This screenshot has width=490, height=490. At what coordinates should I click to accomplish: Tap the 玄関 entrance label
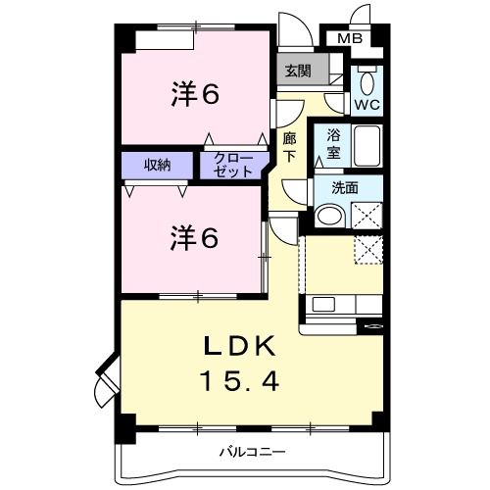(x=297, y=70)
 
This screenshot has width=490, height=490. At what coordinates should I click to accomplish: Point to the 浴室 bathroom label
(x=333, y=145)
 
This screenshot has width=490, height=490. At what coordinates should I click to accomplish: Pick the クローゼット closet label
(x=233, y=164)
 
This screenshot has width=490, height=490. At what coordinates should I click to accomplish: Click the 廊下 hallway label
(x=290, y=148)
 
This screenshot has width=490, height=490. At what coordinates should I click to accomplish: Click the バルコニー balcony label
(x=251, y=453)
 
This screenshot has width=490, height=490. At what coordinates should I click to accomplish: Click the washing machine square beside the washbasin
(x=367, y=213)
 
